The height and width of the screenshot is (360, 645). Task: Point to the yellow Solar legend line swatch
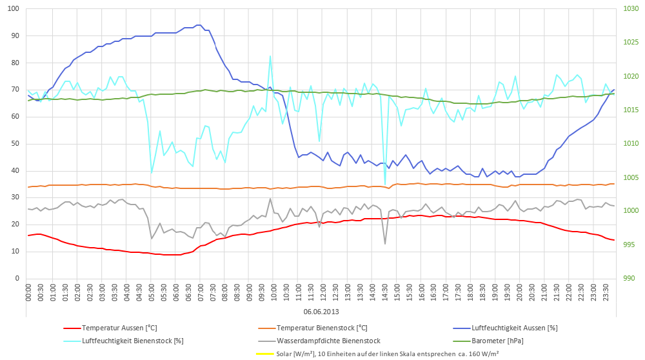click(264, 354)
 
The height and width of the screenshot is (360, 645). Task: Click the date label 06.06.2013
click(321, 312)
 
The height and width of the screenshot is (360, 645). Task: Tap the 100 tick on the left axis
click(13, 8)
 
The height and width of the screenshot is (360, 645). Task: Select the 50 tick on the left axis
click(15, 144)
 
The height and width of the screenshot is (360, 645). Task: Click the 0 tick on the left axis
click(17, 279)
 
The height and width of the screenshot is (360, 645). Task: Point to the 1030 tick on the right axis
click(631, 8)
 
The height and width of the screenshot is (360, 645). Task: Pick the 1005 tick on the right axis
click(631, 177)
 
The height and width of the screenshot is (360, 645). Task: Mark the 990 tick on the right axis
click(630, 279)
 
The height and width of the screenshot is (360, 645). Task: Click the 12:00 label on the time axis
click(323, 292)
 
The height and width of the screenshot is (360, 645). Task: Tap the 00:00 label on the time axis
click(28, 292)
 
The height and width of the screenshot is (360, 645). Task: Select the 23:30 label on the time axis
click(606, 292)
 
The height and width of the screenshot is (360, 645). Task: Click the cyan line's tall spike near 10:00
click(270, 56)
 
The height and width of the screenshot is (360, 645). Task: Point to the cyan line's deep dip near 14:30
click(385, 185)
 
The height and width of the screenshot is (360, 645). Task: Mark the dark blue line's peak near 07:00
click(199, 25)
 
